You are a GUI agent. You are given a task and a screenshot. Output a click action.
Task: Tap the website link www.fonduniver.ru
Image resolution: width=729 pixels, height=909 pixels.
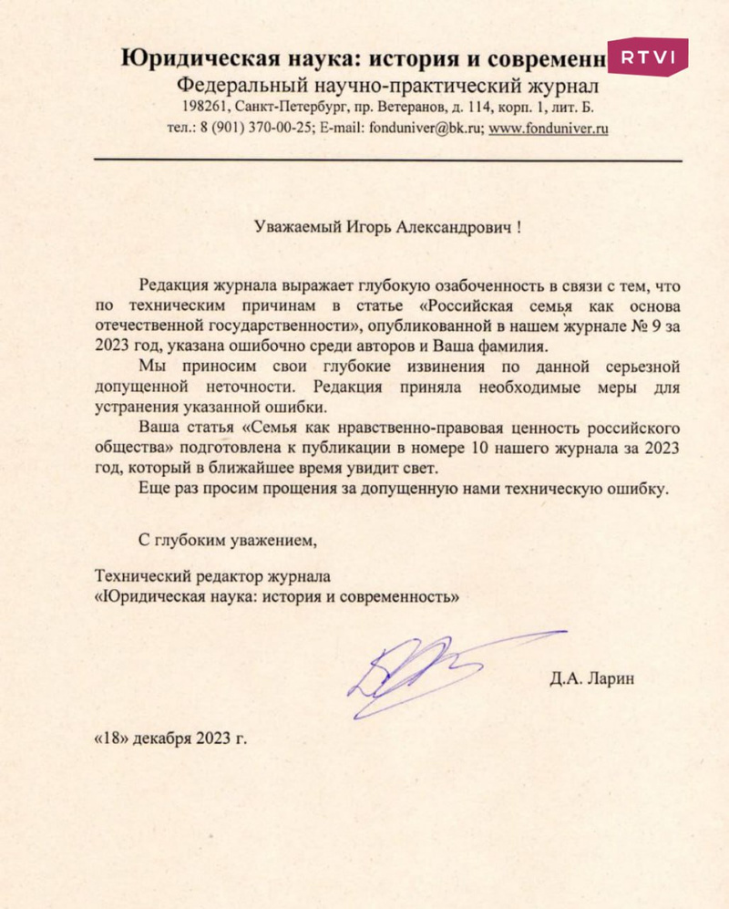[549, 129]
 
